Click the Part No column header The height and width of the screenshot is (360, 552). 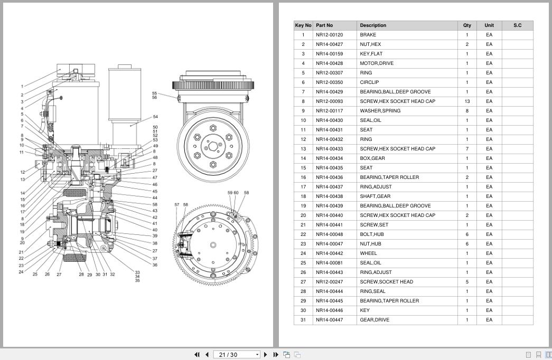(x=324, y=25)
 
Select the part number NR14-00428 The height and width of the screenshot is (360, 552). (x=329, y=63)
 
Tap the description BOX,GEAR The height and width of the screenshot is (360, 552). (x=372, y=158)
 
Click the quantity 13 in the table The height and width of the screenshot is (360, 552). (x=467, y=101)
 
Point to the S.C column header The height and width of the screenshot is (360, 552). (x=518, y=25)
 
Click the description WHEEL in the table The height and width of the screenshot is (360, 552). (x=368, y=253)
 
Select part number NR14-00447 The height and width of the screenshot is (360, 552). (x=329, y=320)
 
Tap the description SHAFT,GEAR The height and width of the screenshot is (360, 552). (x=375, y=196)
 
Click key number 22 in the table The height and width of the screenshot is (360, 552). (x=303, y=234)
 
